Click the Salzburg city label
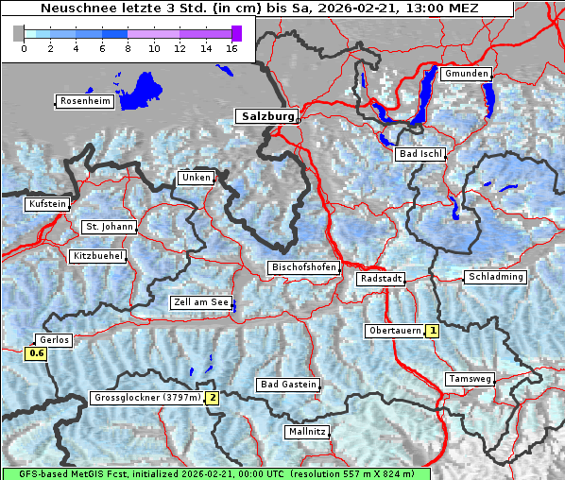coord(266,116)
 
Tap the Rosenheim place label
coord(84,101)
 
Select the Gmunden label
coord(466,74)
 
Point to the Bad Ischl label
coord(419,154)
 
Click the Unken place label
coord(196,178)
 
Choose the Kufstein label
coord(47,204)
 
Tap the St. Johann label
coord(109,227)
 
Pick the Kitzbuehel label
coord(97,256)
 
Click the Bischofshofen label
coord(303,268)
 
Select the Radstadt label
coord(381,280)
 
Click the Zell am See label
coord(200,302)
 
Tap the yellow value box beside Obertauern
coord(433,331)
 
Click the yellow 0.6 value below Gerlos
coord(37,353)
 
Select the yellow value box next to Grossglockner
coord(213,398)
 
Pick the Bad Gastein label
coord(287,385)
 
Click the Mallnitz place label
coord(306,432)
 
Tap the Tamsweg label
coord(470,379)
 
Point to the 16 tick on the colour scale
coord(231,47)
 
